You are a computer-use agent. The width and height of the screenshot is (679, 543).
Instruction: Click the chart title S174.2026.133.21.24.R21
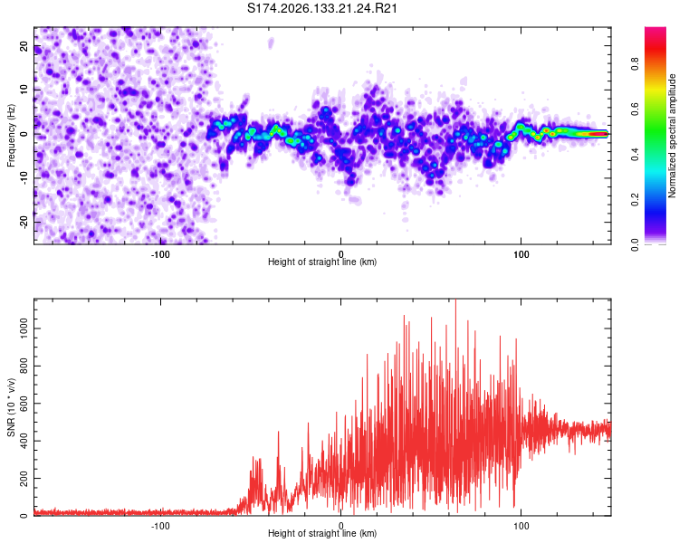(321, 8)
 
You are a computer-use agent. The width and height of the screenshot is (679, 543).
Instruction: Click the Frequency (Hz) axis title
(11, 136)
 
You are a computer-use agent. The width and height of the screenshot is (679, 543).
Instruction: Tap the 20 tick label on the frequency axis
(24, 46)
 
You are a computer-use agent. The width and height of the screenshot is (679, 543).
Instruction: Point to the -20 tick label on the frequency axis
(24, 222)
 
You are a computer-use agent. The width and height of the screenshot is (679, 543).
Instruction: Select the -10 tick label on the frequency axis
(24, 178)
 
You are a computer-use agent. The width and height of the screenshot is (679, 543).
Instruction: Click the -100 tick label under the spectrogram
(160, 254)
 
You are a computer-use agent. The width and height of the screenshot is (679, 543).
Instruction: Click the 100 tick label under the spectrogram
(521, 254)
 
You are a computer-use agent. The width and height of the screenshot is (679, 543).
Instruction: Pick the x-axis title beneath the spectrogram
(322, 262)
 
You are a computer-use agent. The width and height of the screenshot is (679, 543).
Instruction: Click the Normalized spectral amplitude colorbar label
(672, 136)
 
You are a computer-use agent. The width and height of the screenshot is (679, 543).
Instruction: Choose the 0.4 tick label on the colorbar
(635, 154)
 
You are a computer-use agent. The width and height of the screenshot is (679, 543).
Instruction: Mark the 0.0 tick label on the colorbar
(635, 244)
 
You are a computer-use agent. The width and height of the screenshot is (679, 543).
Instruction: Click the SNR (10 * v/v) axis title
(11, 407)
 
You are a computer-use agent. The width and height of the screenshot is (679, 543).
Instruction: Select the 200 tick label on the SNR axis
(24, 479)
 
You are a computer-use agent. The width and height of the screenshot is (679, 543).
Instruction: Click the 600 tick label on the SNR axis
(24, 404)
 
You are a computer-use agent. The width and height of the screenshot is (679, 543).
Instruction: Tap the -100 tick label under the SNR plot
(160, 526)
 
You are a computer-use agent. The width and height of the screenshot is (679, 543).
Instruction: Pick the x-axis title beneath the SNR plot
(322, 533)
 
